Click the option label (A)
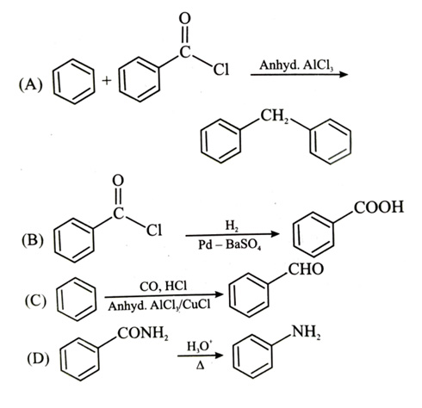point(30,85)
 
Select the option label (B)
point(33,240)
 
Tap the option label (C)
point(35,301)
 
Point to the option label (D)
point(38,359)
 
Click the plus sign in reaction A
point(107,81)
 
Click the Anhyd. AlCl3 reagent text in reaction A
point(296,65)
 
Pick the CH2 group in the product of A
point(275,116)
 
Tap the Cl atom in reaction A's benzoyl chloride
point(220,70)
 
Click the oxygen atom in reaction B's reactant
point(118,181)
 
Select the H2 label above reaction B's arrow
point(232,226)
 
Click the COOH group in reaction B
point(379,207)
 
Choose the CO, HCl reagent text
point(163,287)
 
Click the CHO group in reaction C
point(306,269)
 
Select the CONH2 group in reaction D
point(143,334)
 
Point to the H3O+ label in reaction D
point(198,346)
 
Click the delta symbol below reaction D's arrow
point(200,366)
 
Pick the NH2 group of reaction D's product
point(306,333)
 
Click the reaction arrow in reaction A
point(299,75)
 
